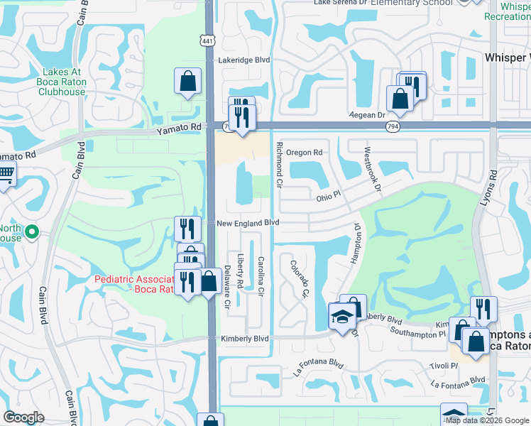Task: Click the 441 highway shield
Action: point(205,42)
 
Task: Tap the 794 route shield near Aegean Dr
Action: point(392,126)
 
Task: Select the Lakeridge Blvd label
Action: point(244,61)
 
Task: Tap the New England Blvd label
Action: point(247,223)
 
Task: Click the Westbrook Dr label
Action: point(372,168)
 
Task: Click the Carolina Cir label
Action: point(261,276)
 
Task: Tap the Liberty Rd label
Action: point(241,272)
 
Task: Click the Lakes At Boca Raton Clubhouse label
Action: point(64,82)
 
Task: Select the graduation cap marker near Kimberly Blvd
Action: point(342,316)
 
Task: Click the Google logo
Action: point(24,417)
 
